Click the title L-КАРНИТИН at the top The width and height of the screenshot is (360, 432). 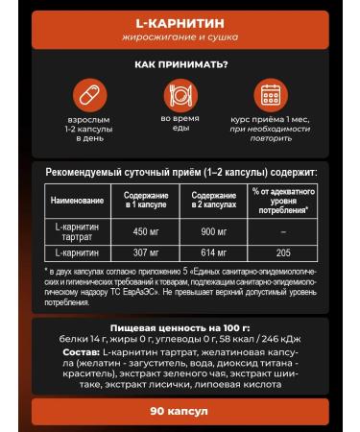[180, 19]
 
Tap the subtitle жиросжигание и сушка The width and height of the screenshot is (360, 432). [180, 36]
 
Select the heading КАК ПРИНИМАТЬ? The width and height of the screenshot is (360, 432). [180, 65]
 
